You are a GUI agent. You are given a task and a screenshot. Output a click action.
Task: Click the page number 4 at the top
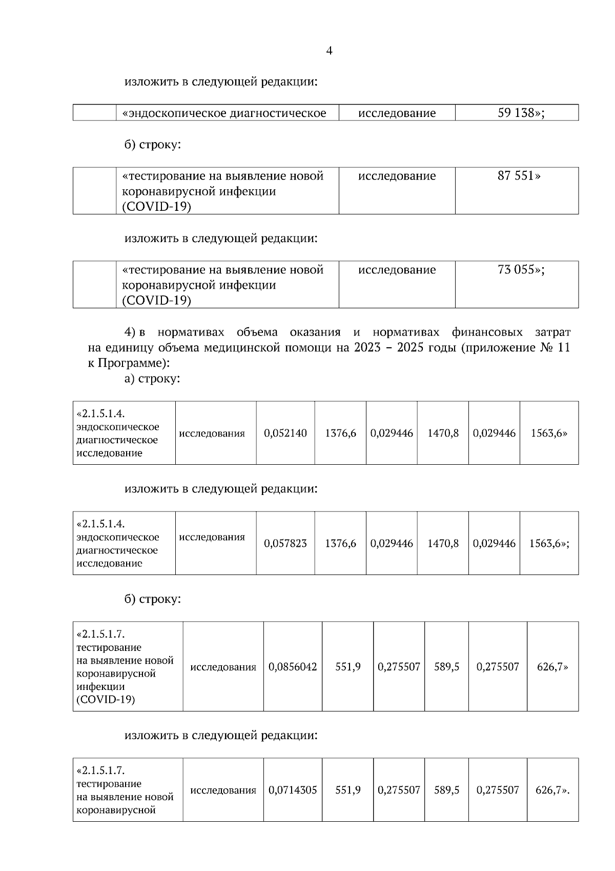point(329,51)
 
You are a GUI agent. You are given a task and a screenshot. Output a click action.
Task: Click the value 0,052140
point(285,433)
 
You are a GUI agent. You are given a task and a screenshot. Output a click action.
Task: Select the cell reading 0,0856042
point(293,667)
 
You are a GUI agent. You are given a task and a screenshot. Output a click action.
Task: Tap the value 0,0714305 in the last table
point(293,790)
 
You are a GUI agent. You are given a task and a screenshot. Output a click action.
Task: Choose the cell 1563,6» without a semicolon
point(549,433)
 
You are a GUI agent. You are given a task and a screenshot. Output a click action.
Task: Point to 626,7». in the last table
point(552,790)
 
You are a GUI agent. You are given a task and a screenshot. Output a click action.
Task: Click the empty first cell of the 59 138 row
point(94,113)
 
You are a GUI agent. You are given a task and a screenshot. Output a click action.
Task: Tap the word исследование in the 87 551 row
point(397,176)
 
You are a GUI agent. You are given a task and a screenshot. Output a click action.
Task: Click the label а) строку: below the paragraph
point(152,379)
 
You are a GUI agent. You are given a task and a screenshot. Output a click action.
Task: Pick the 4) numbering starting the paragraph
point(130,332)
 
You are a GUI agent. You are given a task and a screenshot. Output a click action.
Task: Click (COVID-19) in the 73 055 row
point(156,301)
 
